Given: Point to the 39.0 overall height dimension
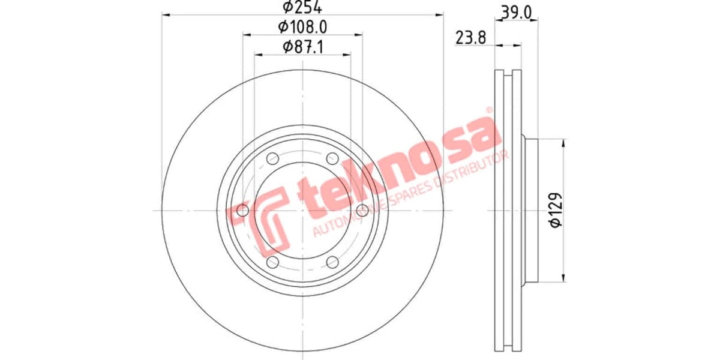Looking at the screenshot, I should [516, 11].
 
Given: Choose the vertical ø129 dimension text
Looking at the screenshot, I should [556, 210].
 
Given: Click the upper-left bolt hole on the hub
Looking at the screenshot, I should [272, 159].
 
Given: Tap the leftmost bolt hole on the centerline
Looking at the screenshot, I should [243, 211].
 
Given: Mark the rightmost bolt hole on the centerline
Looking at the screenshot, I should [362, 211].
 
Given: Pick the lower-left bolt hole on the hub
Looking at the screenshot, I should [272, 262].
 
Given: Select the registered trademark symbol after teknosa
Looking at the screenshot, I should [489, 112].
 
